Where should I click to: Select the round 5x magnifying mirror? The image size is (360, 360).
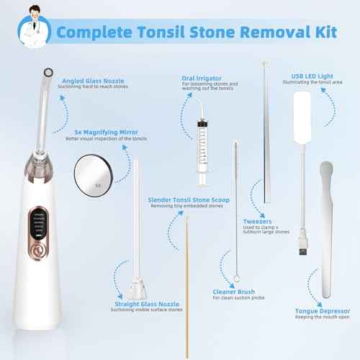94,176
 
